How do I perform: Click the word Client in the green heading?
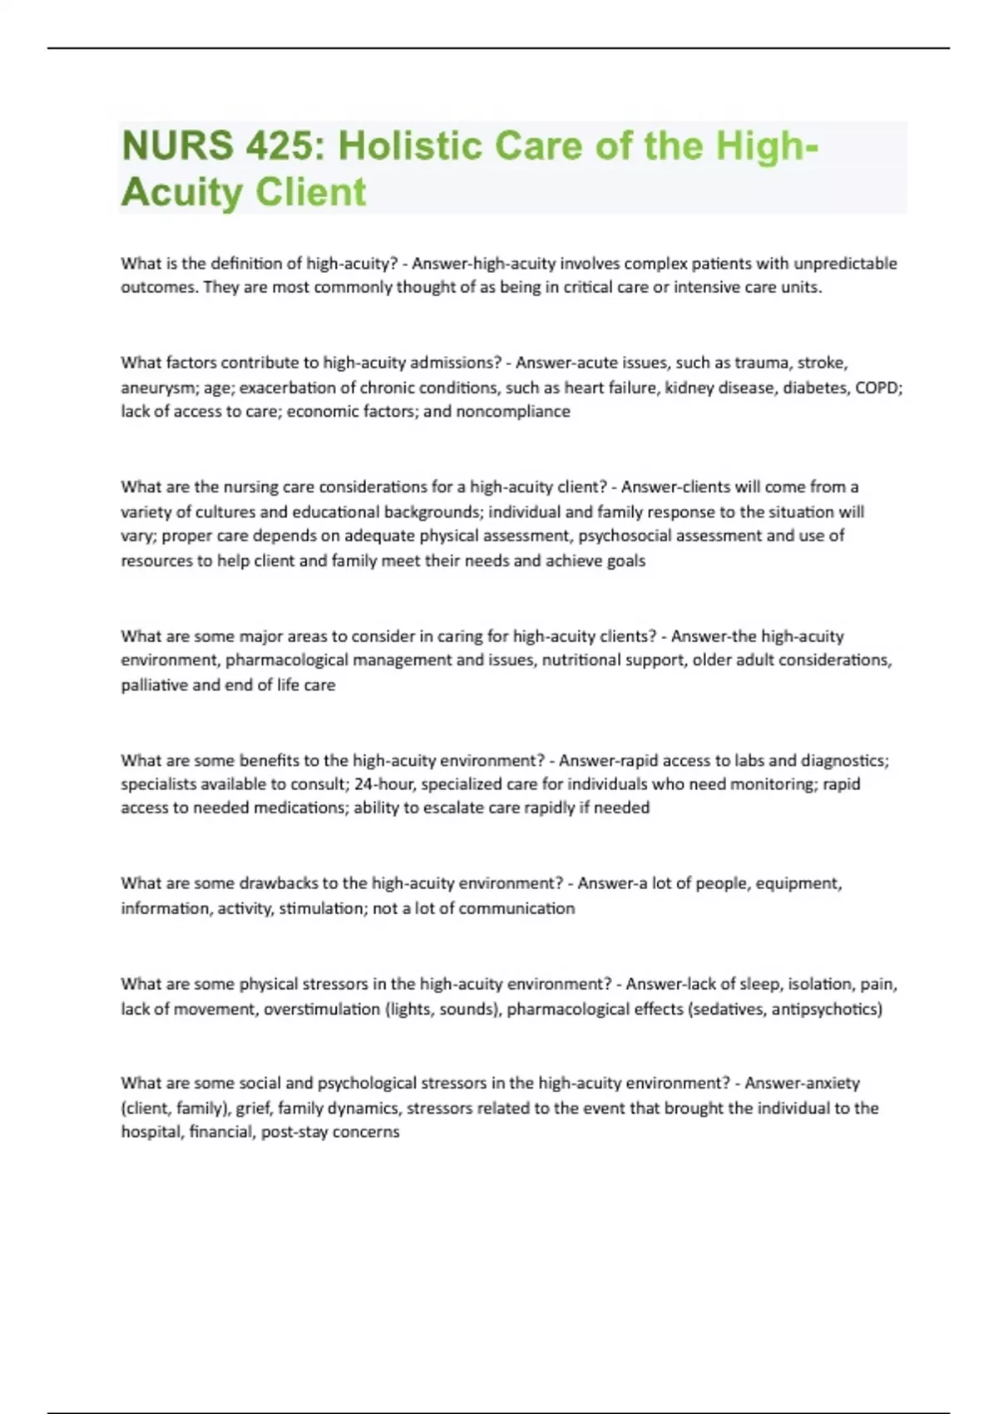[311, 192]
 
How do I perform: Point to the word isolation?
[820, 984]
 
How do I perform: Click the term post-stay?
[294, 1132]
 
